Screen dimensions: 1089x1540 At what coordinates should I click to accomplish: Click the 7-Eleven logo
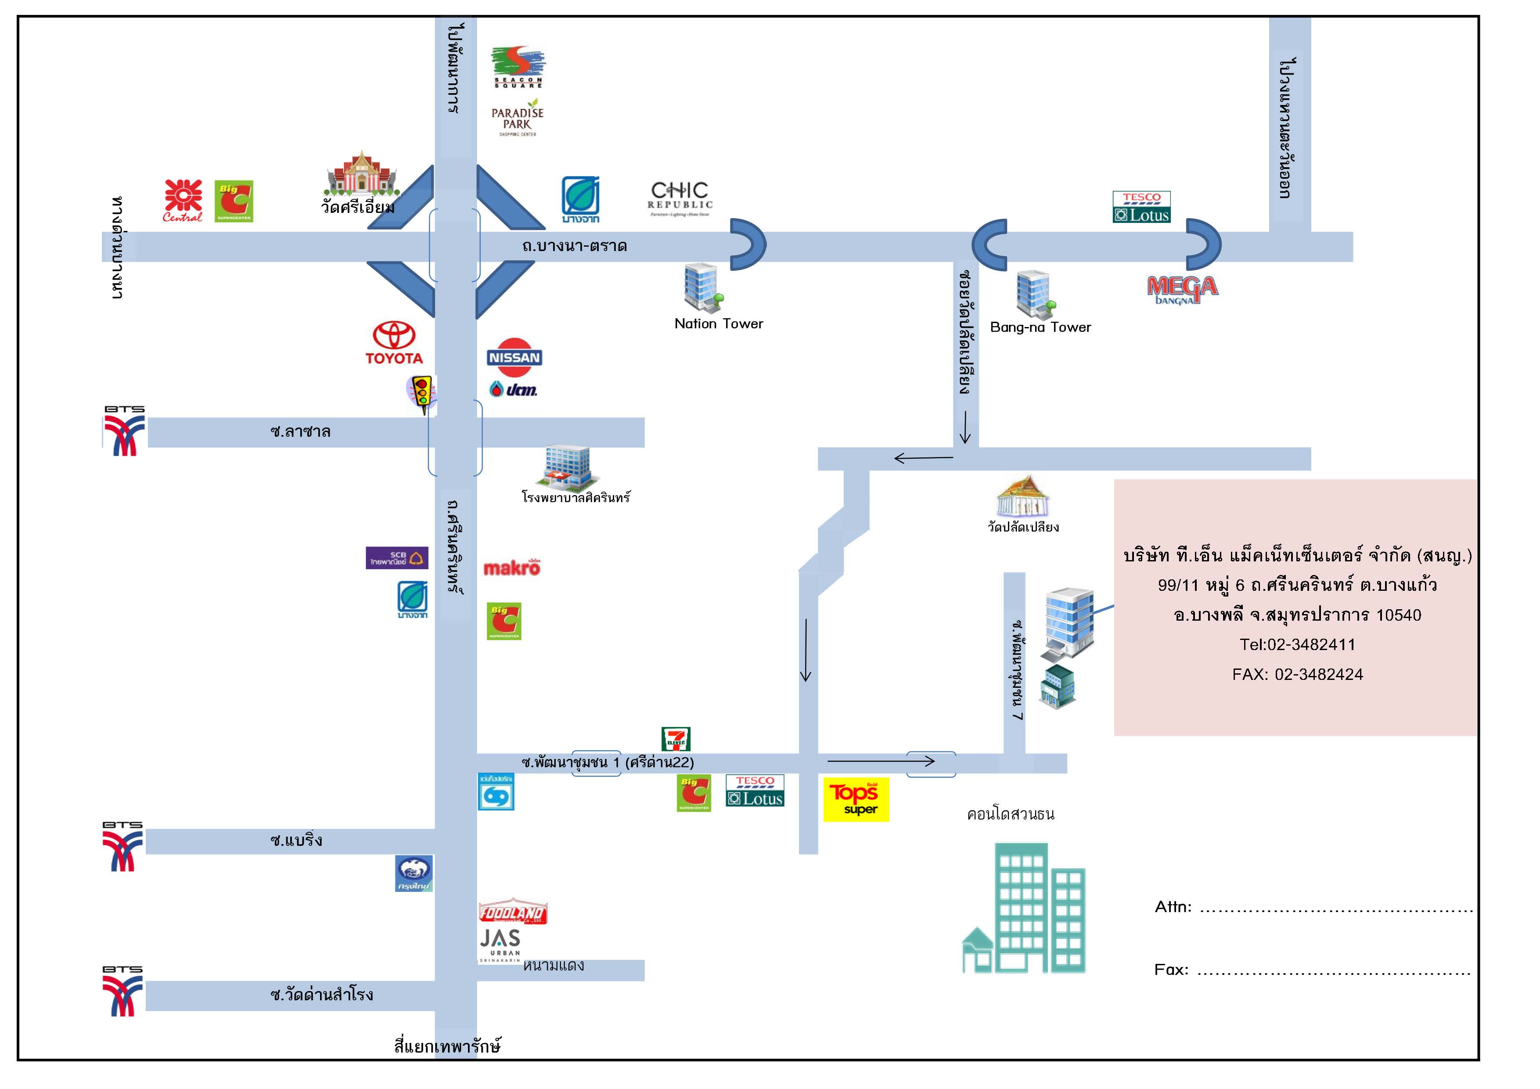click(676, 739)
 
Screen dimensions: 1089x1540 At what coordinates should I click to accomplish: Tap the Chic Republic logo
click(680, 198)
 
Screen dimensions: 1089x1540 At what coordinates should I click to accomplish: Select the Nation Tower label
click(718, 324)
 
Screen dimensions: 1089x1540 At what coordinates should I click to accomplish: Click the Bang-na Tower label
click(1040, 327)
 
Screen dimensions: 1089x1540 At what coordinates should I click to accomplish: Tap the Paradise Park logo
click(517, 118)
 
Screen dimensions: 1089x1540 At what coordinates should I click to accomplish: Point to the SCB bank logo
click(396, 558)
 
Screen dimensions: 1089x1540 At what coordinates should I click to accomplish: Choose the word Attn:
click(1173, 907)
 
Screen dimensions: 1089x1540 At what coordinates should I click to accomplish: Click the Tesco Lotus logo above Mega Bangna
click(1141, 207)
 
